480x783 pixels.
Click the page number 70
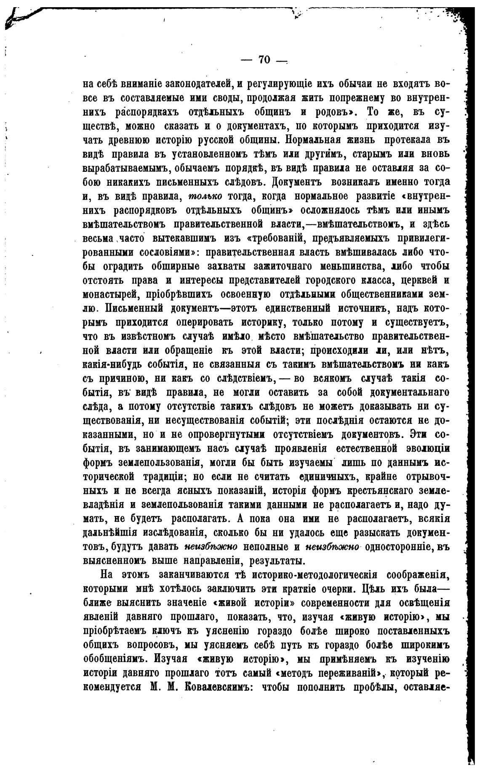coord(264,60)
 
